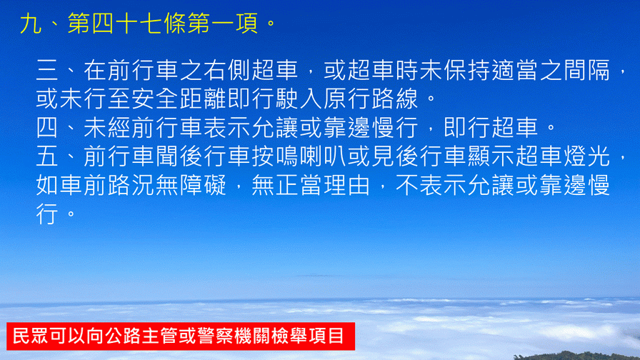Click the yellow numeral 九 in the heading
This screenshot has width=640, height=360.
[31, 24]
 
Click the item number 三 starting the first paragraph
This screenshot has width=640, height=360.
[47, 70]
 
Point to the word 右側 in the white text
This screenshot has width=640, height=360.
[228, 70]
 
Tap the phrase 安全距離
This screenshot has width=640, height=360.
[179, 99]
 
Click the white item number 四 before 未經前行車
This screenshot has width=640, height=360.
[47, 128]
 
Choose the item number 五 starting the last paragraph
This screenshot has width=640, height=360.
[47, 156]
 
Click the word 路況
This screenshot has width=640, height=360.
[132, 185]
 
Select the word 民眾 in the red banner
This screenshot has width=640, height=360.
[31, 336]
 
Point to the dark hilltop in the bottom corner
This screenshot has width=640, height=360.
[579, 356]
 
